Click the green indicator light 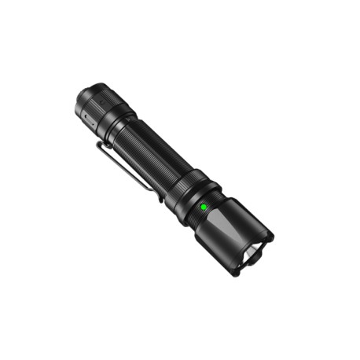(x=204, y=208)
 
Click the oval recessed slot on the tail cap (x=86, y=119)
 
